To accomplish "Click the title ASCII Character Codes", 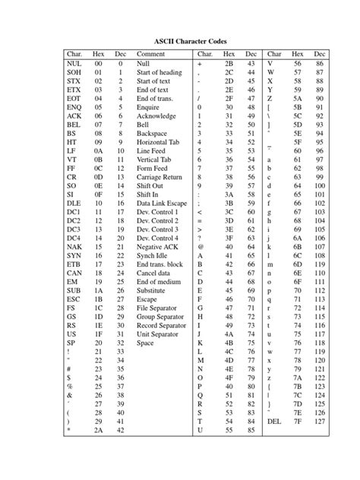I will [x=179, y=39].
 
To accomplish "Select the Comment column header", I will [x=151, y=55].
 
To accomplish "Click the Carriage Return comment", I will [x=159, y=176].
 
